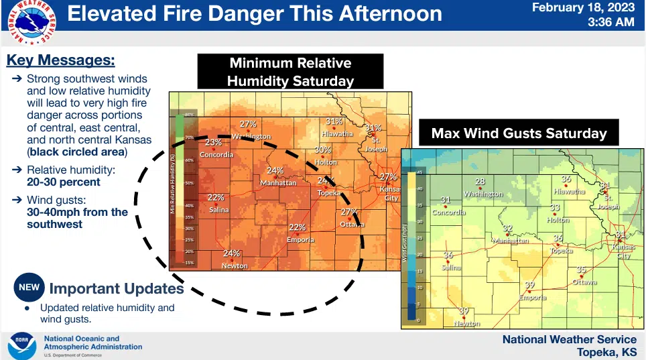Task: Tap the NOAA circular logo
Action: point(21,345)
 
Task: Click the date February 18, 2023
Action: point(584,8)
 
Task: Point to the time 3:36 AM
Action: point(610,22)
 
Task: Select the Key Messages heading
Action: point(60,60)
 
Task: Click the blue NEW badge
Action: point(29,288)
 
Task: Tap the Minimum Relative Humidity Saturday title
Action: point(290,72)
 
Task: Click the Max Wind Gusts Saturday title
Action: point(519,133)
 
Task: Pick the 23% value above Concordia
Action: point(213,142)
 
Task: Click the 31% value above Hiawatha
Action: point(334,121)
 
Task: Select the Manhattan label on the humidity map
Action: point(277,182)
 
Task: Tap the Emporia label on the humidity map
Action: point(300,239)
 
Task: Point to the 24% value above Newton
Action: point(231,253)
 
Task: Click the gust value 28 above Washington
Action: point(480,182)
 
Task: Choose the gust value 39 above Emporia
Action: point(529,285)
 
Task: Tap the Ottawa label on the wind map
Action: point(584,282)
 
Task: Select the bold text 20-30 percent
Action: point(64,182)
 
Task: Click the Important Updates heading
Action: point(117,289)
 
